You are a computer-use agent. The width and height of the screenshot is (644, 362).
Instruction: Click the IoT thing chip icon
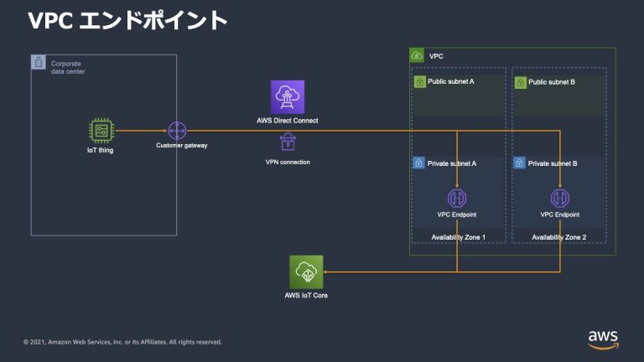[x=100, y=132]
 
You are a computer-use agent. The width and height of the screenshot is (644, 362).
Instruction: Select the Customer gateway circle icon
[x=176, y=131]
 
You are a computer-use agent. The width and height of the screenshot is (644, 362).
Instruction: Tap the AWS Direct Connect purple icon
[x=287, y=97]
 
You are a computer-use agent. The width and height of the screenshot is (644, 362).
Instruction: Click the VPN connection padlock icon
[x=287, y=141]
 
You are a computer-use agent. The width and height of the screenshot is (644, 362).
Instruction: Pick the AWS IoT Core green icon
[x=306, y=271]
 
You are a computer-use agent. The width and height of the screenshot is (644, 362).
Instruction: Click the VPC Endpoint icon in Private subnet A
[x=457, y=199]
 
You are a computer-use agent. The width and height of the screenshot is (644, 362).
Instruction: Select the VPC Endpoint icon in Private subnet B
[x=559, y=199]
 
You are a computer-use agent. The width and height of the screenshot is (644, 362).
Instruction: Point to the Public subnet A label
[x=450, y=83]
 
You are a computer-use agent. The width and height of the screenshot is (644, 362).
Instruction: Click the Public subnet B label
[x=551, y=83]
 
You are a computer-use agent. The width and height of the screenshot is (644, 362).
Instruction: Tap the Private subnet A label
[x=451, y=163]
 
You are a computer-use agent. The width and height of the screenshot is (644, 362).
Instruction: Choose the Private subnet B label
[x=553, y=163]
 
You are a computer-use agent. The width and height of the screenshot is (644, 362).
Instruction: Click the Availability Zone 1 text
[x=458, y=237]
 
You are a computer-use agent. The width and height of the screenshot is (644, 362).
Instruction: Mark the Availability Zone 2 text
[x=559, y=237]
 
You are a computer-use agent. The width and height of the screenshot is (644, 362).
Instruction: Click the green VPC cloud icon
[x=417, y=55]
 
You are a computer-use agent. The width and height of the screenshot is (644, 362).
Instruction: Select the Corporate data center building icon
[x=39, y=63]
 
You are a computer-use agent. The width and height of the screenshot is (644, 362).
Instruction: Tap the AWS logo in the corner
[x=603, y=337]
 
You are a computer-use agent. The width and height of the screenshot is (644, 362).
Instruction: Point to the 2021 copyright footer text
[x=122, y=342]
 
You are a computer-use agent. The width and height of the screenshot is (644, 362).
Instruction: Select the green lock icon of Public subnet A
[x=419, y=83]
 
